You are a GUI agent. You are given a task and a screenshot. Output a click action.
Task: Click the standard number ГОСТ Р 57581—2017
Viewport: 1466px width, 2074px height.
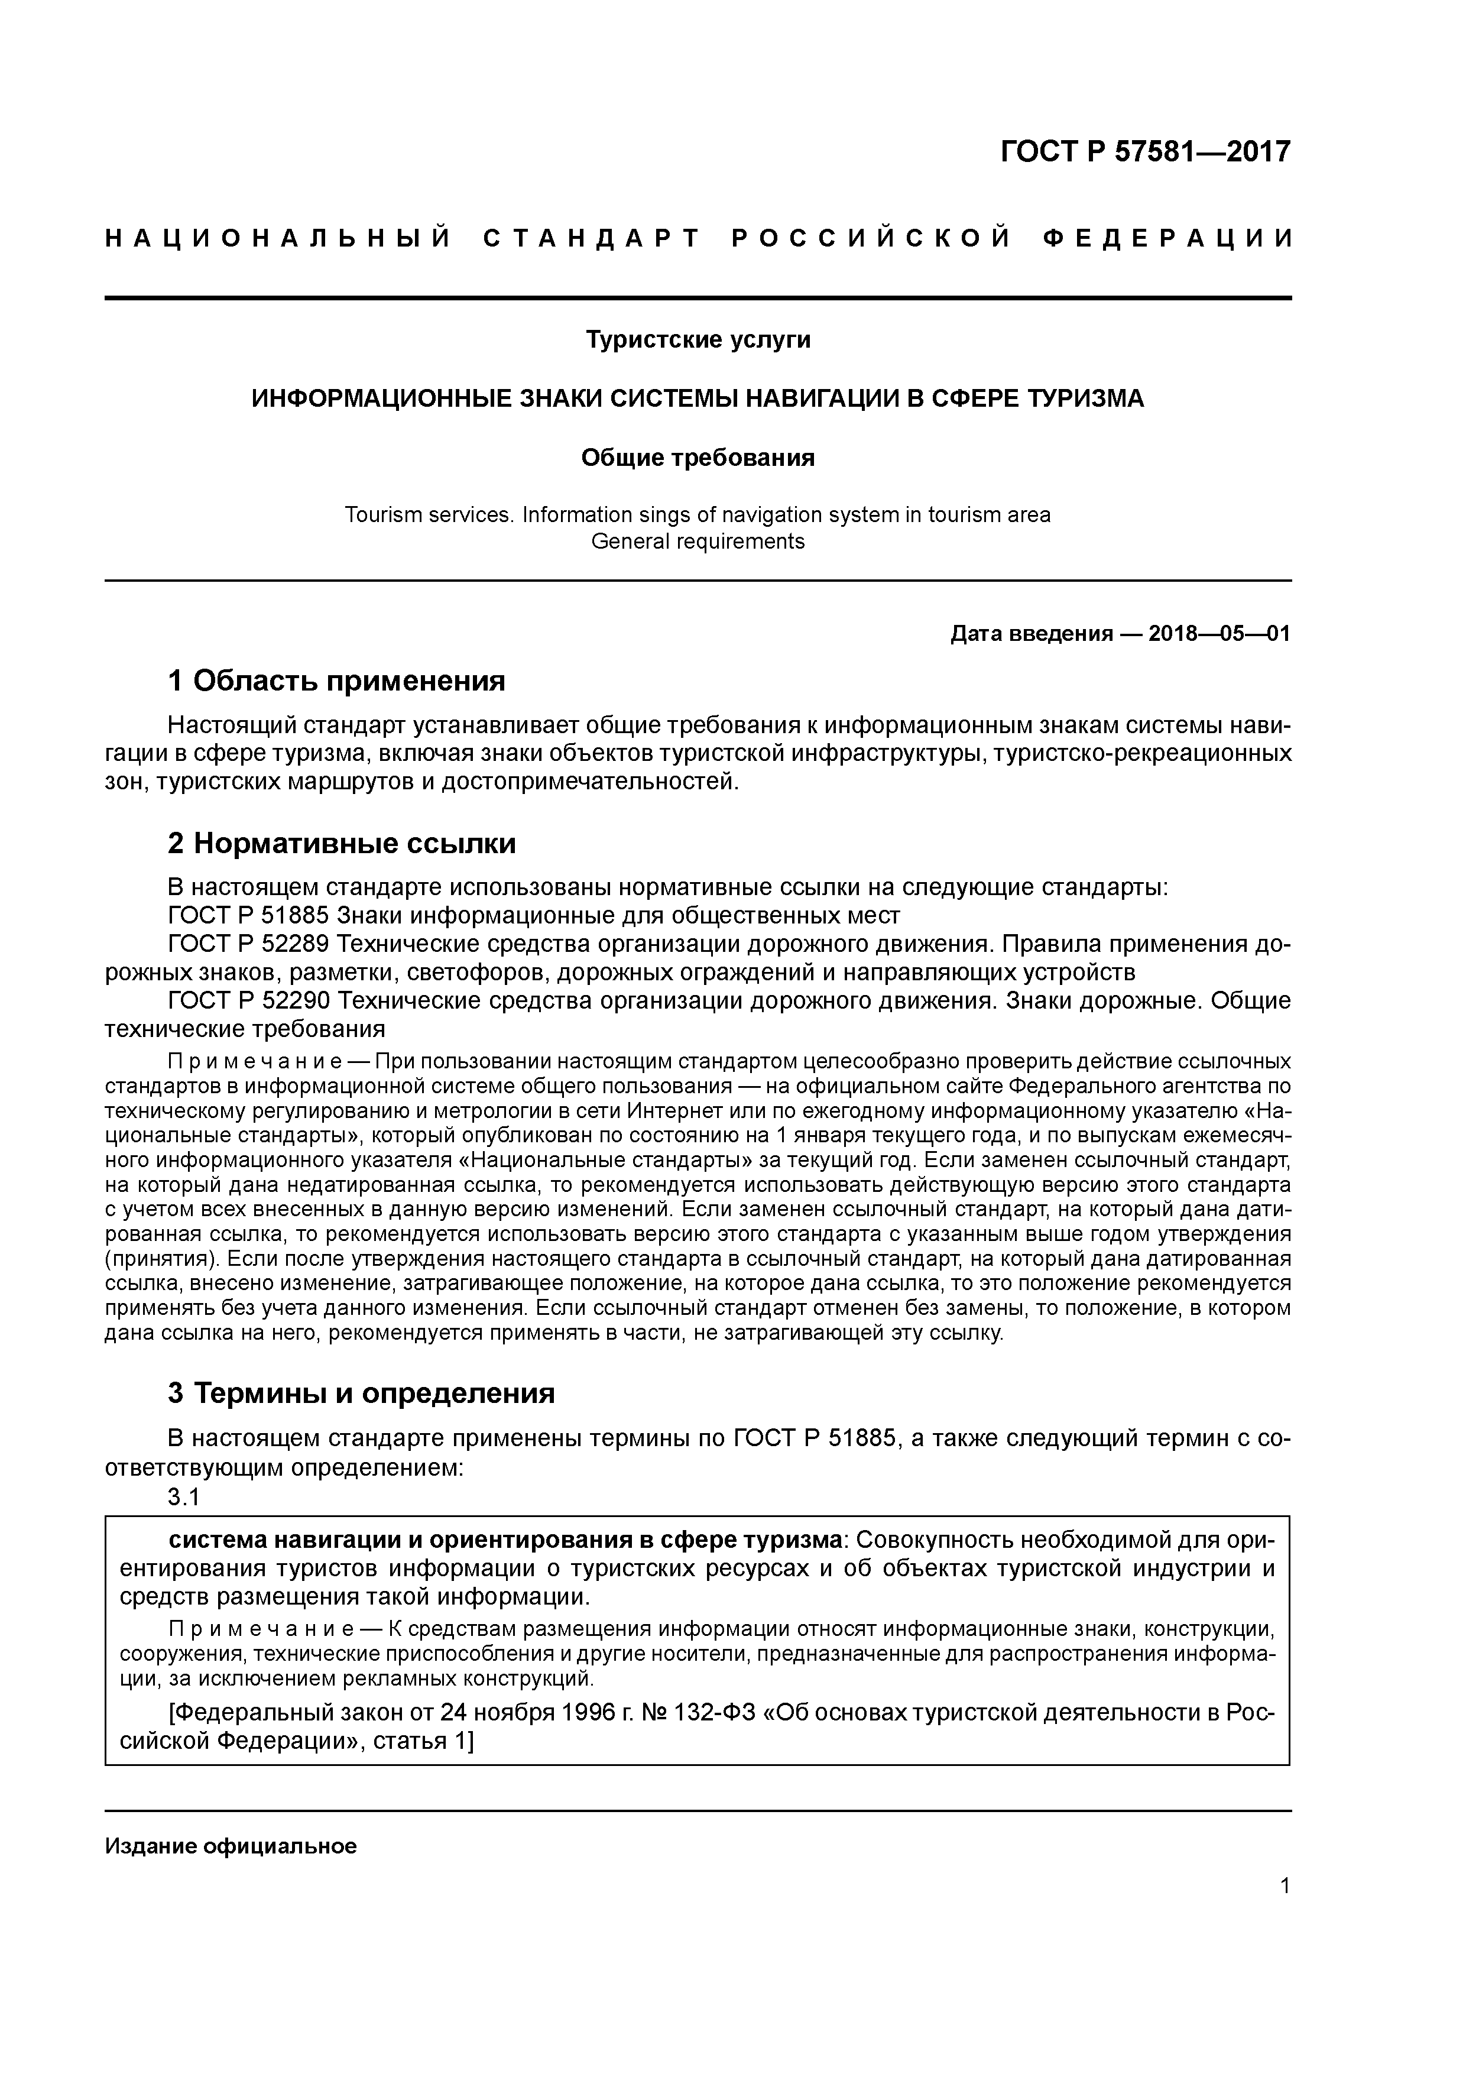click(x=1146, y=152)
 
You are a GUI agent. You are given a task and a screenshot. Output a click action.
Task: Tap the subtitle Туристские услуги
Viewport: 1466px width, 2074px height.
click(x=698, y=339)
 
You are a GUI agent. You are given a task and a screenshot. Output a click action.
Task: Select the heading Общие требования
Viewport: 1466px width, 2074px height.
click(x=698, y=458)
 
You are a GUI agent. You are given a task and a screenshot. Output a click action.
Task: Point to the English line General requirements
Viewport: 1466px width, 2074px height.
click(x=698, y=542)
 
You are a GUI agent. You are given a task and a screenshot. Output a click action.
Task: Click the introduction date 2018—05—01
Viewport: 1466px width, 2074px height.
click(x=1219, y=634)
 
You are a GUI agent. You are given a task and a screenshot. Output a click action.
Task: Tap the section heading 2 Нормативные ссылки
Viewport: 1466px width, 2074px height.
click(x=342, y=843)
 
